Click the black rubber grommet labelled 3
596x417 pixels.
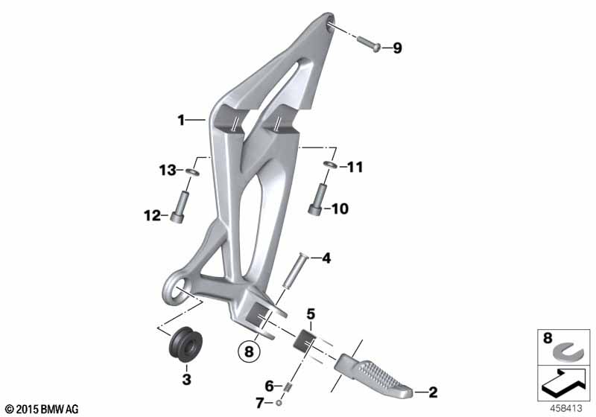tap(186, 344)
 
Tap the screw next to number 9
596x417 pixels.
tap(369, 44)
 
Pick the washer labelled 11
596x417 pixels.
tap(329, 165)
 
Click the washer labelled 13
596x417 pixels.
tap(193, 173)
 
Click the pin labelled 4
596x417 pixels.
tap(294, 272)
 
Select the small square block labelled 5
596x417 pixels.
tap(306, 340)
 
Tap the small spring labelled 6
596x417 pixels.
tap(288, 388)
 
